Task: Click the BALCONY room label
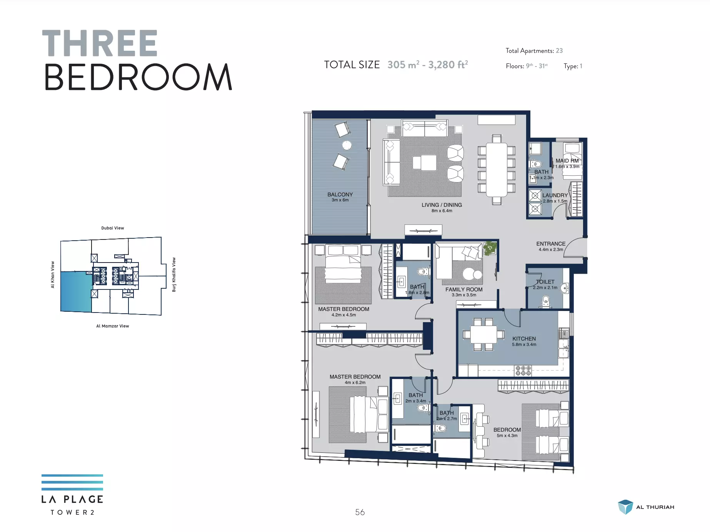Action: tap(340, 195)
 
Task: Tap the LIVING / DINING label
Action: tap(442, 205)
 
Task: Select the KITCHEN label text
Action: tap(524, 339)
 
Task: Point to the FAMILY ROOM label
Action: tap(464, 289)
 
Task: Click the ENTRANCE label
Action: tap(551, 244)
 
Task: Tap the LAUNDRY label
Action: tap(555, 195)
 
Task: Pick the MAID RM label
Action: tap(567, 161)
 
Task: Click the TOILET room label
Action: tap(545, 282)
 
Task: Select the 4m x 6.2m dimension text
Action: tap(355, 382)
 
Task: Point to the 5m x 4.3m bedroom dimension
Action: tap(507, 436)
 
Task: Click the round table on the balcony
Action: tap(347, 145)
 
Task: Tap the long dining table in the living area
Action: tap(497, 170)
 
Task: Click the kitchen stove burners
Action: tap(523, 371)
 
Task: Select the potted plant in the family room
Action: tap(490, 248)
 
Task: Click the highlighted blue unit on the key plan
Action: tap(76, 291)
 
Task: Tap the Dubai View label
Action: tap(113, 228)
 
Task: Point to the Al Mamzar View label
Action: tap(113, 326)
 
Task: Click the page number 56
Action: tap(360, 512)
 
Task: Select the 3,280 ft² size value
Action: tap(448, 64)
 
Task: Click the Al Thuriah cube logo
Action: tap(625, 507)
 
